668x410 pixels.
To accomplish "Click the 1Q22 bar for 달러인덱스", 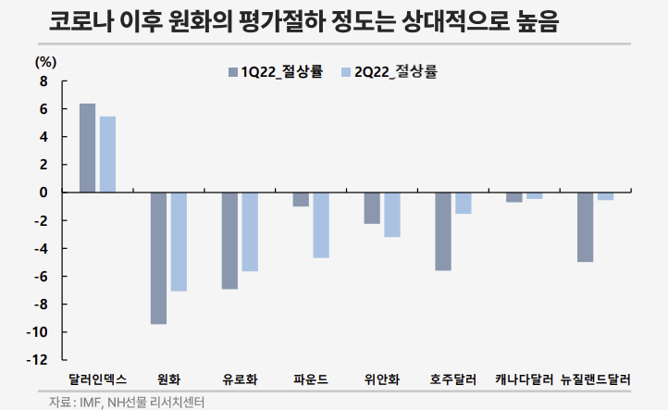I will (x=87, y=148).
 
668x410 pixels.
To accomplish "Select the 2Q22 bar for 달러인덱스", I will (x=107, y=155).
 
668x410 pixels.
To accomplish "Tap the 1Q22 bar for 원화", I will (x=158, y=258).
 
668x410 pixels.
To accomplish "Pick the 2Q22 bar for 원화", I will (x=179, y=242).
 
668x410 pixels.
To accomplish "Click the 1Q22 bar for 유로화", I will (x=229, y=241).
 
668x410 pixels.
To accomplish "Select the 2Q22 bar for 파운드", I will (x=321, y=225).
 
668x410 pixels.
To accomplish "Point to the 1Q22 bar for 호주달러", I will (x=442, y=231).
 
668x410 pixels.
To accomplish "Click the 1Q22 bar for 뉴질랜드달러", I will (x=585, y=227).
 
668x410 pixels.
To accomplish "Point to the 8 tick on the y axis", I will (x=43, y=81).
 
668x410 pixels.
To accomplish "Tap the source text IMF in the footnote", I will (x=92, y=402).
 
